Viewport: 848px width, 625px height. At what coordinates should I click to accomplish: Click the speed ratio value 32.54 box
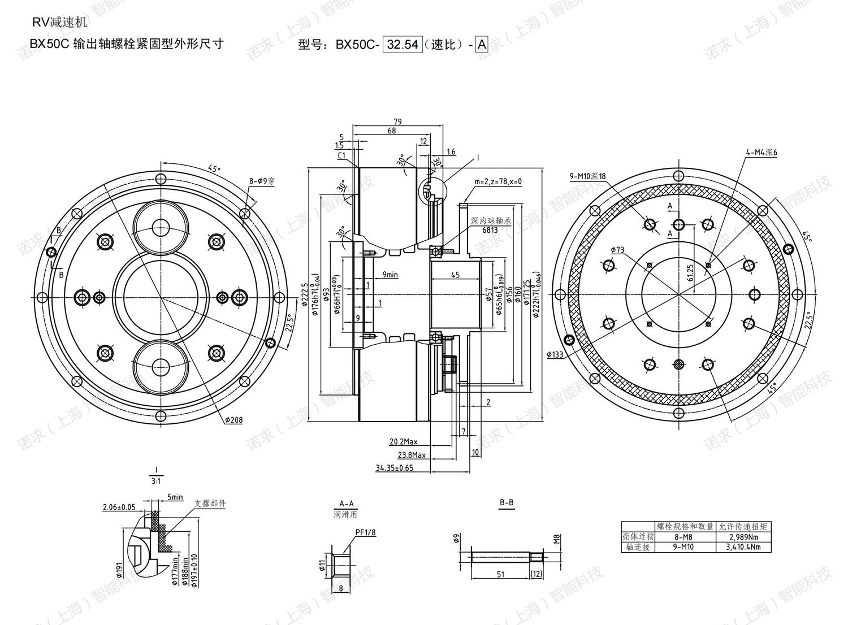(x=403, y=45)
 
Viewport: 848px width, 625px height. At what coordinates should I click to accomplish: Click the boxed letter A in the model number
(x=482, y=45)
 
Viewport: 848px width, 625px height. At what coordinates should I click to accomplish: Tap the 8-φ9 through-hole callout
(x=262, y=181)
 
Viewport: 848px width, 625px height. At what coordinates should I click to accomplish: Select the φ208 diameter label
(x=233, y=420)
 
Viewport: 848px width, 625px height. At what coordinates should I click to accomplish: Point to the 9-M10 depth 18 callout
(x=587, y=176)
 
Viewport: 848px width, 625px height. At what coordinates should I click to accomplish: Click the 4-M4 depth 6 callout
(x=761, y=153)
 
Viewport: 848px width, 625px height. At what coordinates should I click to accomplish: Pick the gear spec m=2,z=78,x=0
(x=498, y=181)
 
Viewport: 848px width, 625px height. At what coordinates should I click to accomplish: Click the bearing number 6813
(x=490, y=230)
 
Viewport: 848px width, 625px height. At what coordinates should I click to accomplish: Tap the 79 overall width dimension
(x=397, y=121)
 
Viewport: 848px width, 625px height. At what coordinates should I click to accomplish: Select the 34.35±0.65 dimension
(x=395, y=468)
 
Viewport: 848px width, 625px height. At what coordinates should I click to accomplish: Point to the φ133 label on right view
(x=555, y=355)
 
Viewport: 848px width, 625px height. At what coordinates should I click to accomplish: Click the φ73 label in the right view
(x=617, y=250)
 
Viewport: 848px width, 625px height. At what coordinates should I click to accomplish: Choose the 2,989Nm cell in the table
(x=744, y=537)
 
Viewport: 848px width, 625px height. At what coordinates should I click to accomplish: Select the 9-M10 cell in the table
(x=684, y=547)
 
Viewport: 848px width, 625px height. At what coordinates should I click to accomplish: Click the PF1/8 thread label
(x=365, y=532)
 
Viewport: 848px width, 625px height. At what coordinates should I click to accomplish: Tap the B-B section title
(x=507, y=502)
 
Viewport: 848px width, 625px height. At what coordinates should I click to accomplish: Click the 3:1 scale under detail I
(x=156, y=481)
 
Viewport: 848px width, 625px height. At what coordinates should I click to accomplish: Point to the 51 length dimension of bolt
(x=500, y=574)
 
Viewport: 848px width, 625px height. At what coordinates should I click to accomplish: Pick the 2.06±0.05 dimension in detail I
(x=119, y=507)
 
